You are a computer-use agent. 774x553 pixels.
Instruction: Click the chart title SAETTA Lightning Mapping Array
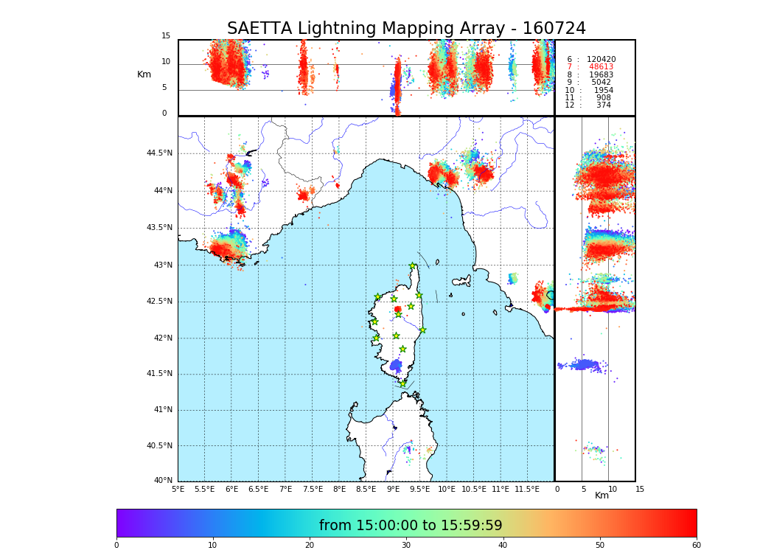click(406, 29)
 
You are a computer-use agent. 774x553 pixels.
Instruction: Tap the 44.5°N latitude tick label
click(158, 153)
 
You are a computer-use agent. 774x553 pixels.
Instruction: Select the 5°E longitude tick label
click(178, 489)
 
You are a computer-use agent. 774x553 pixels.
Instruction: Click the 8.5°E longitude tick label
click(366, 489)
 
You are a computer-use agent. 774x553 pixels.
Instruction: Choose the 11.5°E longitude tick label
click(527, 489)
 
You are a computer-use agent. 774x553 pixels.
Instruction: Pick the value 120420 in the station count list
click(601, 59)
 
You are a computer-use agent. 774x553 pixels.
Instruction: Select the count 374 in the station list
click(603, 105)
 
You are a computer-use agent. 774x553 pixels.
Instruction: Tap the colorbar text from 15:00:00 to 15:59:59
click(411, 526)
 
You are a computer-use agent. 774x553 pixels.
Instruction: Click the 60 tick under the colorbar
click(696, 546)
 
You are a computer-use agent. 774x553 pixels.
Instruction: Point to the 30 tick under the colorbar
click(406, 546)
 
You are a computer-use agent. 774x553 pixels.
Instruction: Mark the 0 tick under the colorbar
click(116, 546)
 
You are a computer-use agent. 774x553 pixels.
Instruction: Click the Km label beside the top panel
click(144, 74)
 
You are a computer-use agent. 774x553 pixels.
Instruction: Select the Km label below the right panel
click(602, 495)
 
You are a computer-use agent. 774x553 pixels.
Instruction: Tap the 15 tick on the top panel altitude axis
click(166, 36)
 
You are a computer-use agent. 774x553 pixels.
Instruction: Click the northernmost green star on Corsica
click(413, 266)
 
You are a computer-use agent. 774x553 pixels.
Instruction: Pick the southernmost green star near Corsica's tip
click(402, 383)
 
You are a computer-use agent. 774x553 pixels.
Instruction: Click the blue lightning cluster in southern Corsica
click(397, 365)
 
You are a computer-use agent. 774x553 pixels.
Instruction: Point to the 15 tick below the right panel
click(640, 489)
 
